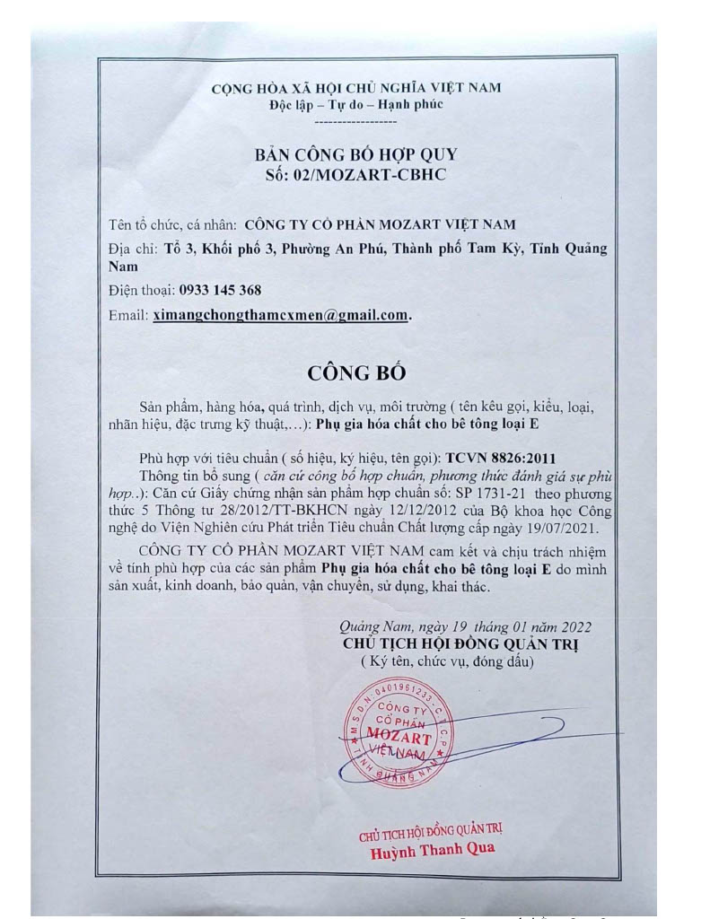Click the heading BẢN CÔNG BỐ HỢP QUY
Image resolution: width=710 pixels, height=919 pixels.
point(356,154)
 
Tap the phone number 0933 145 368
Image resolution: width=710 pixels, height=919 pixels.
point(220,290)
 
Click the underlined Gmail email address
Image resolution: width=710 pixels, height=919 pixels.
point(280,315)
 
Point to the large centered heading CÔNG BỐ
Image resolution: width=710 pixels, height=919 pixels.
point(356,372)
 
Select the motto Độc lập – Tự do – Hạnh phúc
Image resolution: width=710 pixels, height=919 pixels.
point(356,105)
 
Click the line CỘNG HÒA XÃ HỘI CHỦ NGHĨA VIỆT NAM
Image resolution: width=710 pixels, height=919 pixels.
point(356,88)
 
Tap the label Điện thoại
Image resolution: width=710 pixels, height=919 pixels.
point(140,290)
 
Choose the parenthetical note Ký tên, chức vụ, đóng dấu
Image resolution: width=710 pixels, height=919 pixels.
point(448,663)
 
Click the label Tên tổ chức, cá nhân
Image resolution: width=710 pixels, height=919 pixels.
point(172,224)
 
